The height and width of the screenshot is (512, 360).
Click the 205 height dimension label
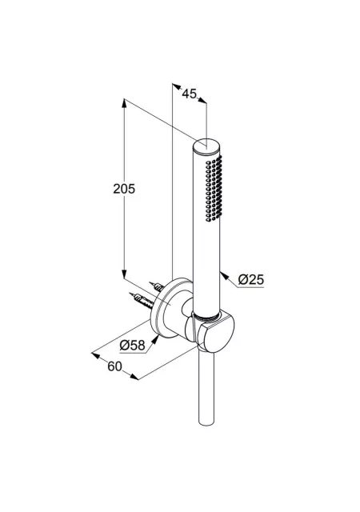click(124, 189)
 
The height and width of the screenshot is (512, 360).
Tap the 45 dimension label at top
click(189, 94)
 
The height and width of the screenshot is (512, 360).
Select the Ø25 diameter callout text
click(251, 279)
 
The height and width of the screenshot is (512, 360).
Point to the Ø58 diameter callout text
click(132, 345)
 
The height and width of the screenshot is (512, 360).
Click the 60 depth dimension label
click(114, 366)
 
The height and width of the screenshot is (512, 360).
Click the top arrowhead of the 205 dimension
click(124, 103)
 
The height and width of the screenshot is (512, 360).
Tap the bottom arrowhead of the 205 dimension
click(124, 274)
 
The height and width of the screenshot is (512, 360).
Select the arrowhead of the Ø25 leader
click(223, 276)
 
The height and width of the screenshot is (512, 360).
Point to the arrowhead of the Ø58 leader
click(155, 339)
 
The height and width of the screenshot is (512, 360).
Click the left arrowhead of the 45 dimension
click(177, 87)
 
